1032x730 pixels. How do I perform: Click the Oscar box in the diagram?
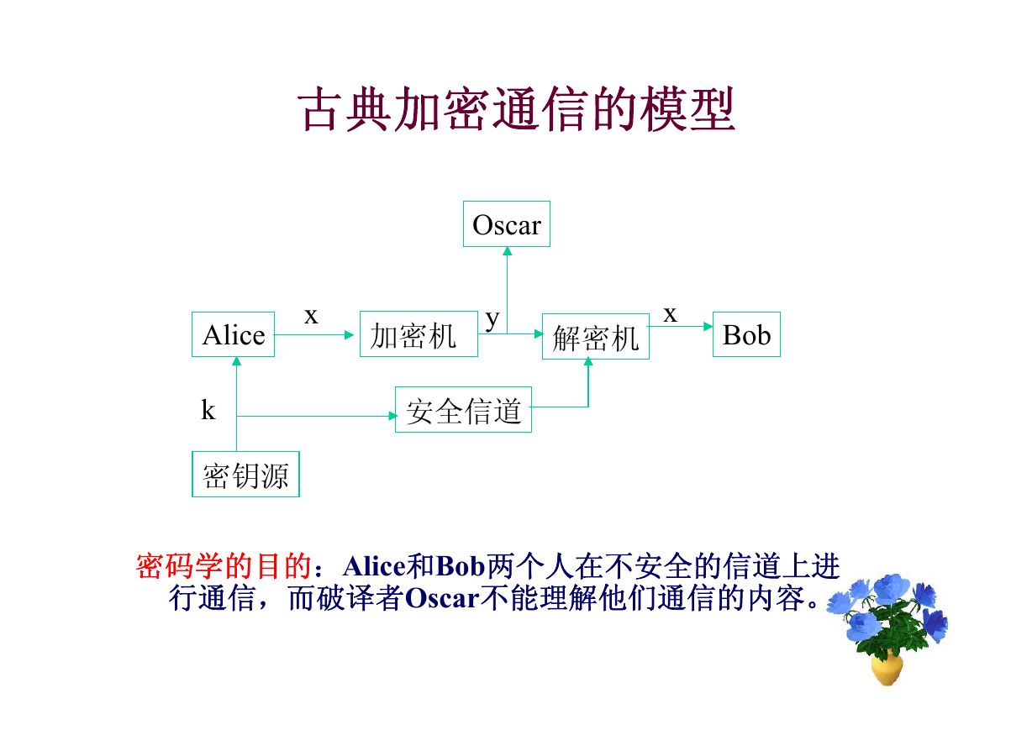click(506, 223)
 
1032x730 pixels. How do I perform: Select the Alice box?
click(233, 334)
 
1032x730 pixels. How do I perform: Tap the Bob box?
click(746, 334)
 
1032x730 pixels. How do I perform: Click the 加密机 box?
click(419, 333)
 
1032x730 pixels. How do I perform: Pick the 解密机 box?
click(596, 337)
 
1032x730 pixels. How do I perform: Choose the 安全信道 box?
click(463, 409)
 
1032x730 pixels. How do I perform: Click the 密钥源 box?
click(245, 474)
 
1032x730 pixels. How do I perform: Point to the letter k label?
click(208, 409)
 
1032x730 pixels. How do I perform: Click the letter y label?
click(492, 319)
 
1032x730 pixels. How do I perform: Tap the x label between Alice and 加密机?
click(311, 316)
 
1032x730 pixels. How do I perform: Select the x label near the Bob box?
click(671, 314)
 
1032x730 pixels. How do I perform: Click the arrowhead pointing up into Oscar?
click(508, 251)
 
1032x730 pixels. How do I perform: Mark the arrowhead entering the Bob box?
click(708, 327)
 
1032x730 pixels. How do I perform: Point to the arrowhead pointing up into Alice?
click(236, 361)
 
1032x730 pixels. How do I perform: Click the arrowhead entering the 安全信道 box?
click(392, 417)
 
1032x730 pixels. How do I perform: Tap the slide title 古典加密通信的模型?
click(516, 109)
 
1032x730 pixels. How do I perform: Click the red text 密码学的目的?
click(224, 565)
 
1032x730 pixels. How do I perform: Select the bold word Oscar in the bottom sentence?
click(442, 598)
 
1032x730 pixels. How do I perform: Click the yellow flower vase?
click(887, 669)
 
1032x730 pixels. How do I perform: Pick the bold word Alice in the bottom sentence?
click(374, 565)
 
